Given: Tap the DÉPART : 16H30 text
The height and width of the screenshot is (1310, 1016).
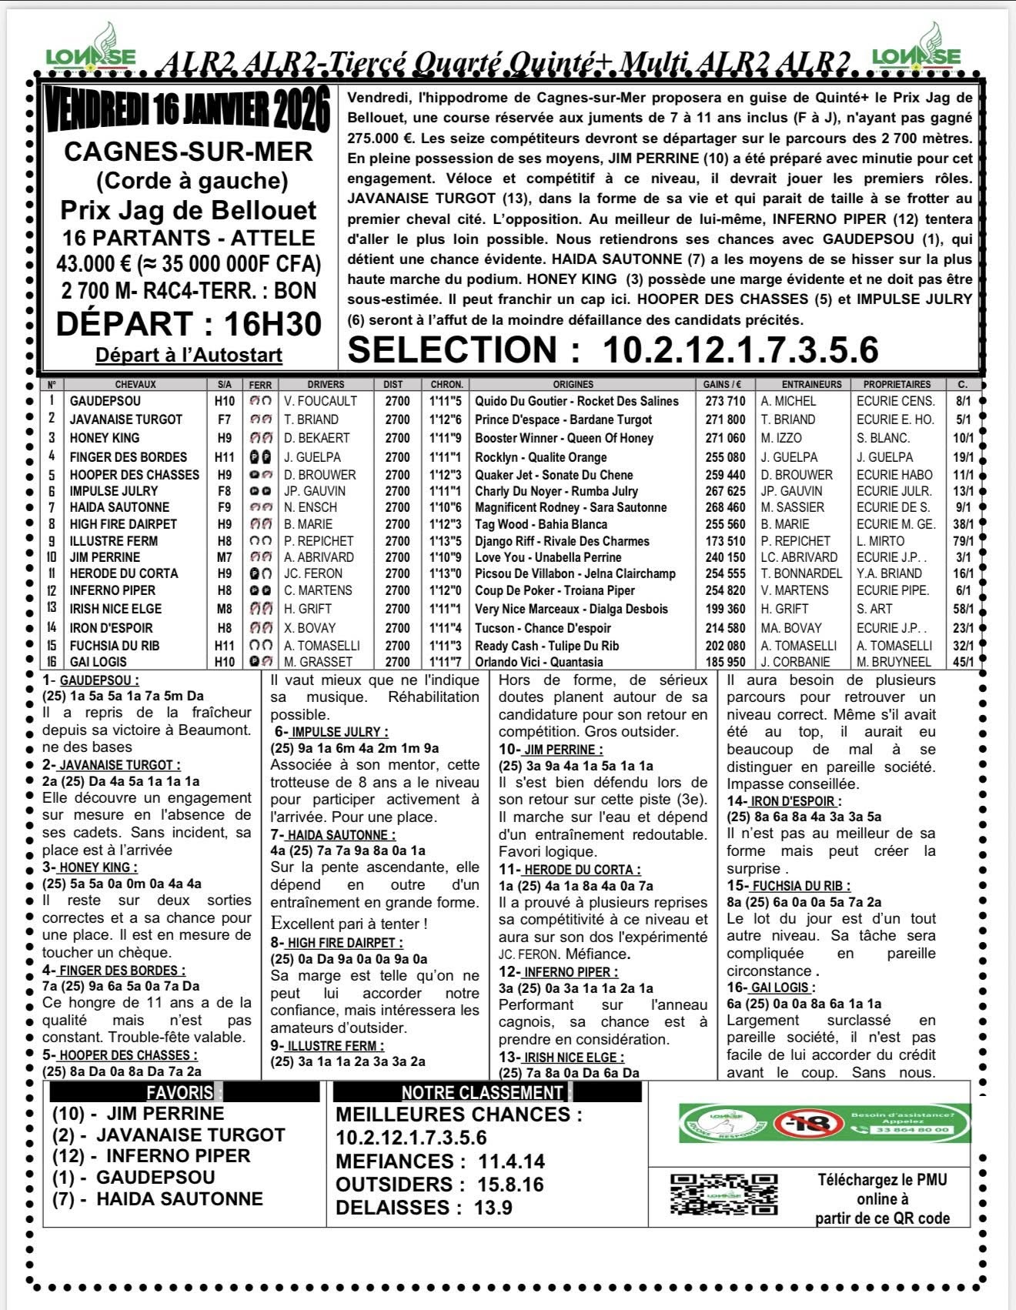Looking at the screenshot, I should click(x=189, y=323).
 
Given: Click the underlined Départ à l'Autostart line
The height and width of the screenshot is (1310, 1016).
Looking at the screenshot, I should click(x=189, y=355).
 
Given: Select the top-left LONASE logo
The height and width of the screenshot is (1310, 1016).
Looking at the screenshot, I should click(x=91, y=50).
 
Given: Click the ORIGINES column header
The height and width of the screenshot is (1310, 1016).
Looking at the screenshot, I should click(x=573, y=384).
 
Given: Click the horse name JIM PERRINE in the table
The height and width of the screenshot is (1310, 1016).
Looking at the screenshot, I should click(x=105, y=557).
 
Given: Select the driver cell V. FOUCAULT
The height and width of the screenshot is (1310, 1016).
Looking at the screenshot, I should click(x=320, y=401).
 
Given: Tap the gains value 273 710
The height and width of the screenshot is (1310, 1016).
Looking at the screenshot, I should click(x=724, y=401).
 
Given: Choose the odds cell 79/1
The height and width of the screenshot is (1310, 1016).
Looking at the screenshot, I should click(x=964, y=541).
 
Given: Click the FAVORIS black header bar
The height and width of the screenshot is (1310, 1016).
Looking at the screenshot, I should click(x=184, y=1092).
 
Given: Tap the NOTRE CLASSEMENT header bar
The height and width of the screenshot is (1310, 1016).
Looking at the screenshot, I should click(x=486, y=1092).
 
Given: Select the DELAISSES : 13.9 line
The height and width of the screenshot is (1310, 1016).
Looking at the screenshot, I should click(x=423, y=1208).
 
